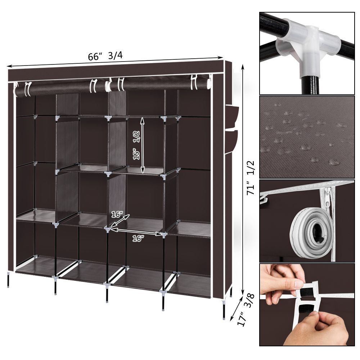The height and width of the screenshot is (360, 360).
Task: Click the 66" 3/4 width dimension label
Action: pos(105,56)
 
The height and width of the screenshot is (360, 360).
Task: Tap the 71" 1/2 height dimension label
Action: pos(251,178)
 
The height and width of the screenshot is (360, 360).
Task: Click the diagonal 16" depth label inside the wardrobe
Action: pos(117,215)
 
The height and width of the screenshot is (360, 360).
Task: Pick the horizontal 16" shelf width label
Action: pos(138,239)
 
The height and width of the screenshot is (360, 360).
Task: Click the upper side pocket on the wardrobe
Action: pos(232,116)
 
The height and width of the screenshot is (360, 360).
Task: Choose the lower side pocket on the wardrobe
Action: pos(231,141)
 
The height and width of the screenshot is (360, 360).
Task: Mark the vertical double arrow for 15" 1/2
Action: pos(143,145)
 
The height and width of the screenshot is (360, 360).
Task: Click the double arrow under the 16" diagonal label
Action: pos(120,221)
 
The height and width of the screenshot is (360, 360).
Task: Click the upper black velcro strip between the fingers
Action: pos(306,293)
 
